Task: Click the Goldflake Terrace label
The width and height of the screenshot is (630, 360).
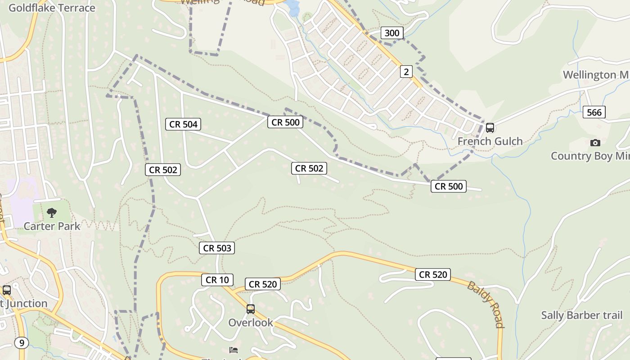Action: (x=52, y=8)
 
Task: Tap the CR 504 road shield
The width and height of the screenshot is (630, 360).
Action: (x=183, y=124)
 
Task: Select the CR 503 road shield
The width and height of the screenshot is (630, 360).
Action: (x=217, y=248)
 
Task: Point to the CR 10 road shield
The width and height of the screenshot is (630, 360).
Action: (x=217, y=280)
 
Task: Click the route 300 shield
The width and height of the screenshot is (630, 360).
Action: (x=392, y=33)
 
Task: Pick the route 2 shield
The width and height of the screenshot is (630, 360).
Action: (x=406, y=72)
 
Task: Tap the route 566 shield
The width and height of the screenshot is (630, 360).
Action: (x=594, y=112)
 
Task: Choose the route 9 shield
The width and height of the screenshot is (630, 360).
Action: (x=21, y=343)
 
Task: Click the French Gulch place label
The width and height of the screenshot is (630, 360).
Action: (x=490, y=141)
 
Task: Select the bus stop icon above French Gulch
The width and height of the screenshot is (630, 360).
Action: (x=490, y=128)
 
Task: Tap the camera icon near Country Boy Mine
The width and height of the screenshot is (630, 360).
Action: (x=595, y=143)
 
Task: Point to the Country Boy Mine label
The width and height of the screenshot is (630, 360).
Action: (x=589, y=156)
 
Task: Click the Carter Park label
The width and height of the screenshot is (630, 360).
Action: (x=52, y=226)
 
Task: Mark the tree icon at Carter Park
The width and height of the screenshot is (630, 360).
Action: (x=52, y=213)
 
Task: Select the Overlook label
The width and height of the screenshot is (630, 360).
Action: (x=251, y=322)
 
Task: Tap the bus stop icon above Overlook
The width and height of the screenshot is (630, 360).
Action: (x=251, y=309)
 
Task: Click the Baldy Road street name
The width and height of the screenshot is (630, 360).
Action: (x=485, y=305)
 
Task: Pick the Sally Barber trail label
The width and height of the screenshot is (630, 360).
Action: (x=582, y=315)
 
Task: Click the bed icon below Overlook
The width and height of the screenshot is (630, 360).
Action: (x=234, y=350)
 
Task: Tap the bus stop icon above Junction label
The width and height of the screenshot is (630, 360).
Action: (x=7, y=290)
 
